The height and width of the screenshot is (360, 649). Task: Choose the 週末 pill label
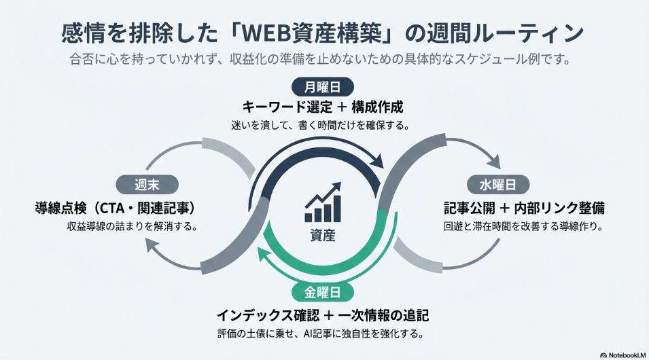click(147, 184)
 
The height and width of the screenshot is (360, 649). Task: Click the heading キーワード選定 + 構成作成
click(323, 107)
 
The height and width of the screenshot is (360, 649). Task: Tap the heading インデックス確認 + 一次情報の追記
click(323, 315)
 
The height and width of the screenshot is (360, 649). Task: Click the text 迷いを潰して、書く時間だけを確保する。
click(323, 126)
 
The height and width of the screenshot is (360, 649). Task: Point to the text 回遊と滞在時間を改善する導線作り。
click(514, 226)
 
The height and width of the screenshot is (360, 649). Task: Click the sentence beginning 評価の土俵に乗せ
click(323, 334)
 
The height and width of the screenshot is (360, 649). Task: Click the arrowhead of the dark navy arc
click(378, 164)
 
